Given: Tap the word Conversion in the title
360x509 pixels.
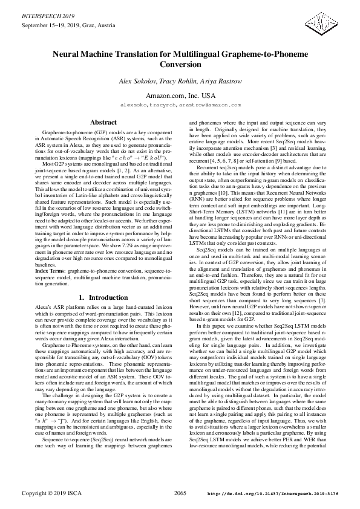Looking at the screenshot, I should point(180,64).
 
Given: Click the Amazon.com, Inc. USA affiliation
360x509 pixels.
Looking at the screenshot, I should point(180,96).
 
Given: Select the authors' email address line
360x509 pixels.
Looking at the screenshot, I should point(180,105).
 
